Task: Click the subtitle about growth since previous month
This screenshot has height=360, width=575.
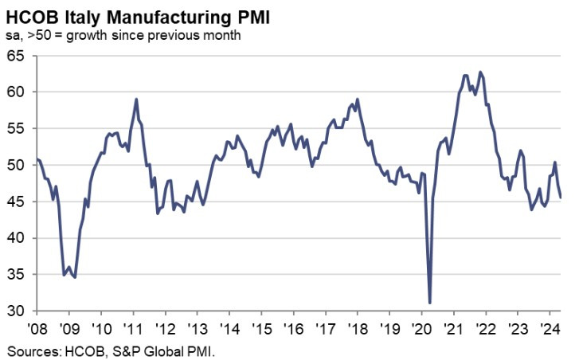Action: (x=127, y=35)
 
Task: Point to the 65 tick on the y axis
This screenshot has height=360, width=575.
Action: (x=16, y=56)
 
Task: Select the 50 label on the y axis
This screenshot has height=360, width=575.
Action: (x=16, y=166)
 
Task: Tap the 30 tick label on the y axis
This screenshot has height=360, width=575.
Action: (x=16, y=311)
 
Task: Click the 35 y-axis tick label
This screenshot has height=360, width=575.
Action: (x=16, y=275)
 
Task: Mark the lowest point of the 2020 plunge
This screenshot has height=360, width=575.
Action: (x=430, y=303)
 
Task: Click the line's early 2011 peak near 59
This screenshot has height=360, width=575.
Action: (x=137, y=100)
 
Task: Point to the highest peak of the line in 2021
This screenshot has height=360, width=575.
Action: (x=479, y=72)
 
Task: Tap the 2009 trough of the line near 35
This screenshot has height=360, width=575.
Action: (x=75, y=276)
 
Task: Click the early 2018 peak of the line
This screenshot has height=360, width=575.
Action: (x=357, y=100)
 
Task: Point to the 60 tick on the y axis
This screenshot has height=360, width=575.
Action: (x=16, y=92)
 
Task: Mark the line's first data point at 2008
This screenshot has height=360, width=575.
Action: (x=37, y=160)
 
